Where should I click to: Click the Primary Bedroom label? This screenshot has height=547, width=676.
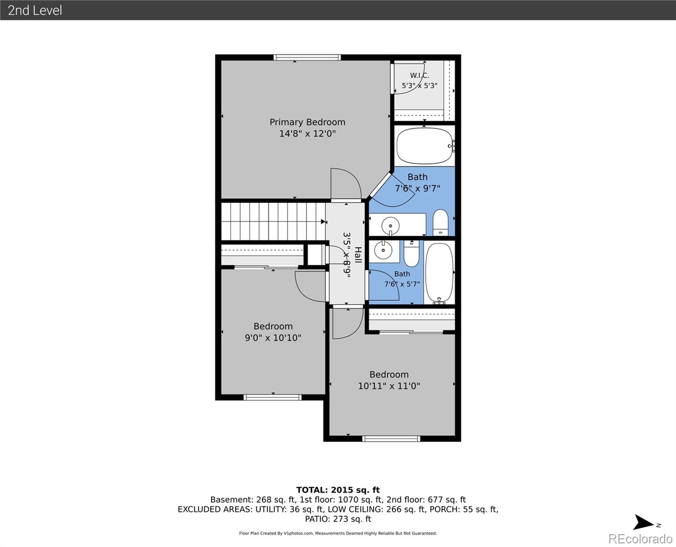click(307, 122)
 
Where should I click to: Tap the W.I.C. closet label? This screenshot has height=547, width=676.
click(419, 76)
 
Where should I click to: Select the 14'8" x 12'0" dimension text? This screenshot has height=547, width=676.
click(307, 134)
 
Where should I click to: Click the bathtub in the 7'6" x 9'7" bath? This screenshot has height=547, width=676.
click(425, 146)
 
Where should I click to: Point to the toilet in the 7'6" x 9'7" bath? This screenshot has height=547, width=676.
click(440, 222)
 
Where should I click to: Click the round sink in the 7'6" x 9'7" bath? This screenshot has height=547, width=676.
click(390, 226)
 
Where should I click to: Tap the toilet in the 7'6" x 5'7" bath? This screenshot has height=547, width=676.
click(411, 253)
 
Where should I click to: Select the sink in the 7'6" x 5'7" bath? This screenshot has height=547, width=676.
click(384, 250)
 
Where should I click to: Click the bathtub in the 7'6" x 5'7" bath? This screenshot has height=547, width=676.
click(440, 273)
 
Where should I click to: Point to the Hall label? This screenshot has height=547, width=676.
click(358, 255)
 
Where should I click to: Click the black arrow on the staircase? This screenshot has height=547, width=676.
click(323, 222)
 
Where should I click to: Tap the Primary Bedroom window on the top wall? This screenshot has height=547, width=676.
click(307, 57)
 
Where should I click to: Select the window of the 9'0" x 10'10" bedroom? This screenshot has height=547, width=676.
click(272, 397)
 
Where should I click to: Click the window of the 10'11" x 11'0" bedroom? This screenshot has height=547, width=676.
click(391, 439)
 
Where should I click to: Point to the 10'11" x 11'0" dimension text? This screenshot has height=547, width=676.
click(389, 386)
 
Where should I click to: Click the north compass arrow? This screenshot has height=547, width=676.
click(643, 522)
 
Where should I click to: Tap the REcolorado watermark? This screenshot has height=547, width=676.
click(640, 539)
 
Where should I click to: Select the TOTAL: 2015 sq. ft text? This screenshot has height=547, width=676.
click(338, 490)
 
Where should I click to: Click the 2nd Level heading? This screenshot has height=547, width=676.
click(35, 10)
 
